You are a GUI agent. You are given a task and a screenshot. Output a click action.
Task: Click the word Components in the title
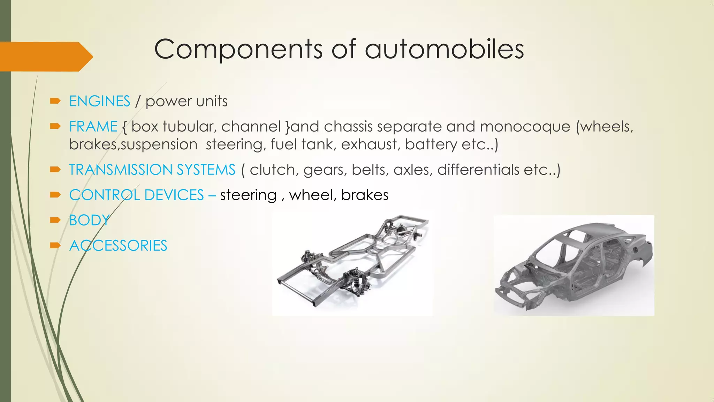pyautogui.click(x=238, y=49)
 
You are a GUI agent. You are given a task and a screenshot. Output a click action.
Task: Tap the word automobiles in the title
pyautogui.click(x=444, y=49)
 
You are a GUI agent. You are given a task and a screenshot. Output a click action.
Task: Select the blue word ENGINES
pyautogui.click(x=100, y=101)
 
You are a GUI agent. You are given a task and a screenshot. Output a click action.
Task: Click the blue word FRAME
pyautogui.click(x=93, y=126)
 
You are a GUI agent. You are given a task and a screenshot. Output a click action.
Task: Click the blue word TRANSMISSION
pyautogui.click(x=121, y=170)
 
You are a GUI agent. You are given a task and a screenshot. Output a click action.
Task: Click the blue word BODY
pyautogui.click(x=89, y=221)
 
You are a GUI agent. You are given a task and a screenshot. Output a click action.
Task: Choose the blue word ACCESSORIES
pyautogui.click(x=118, y=246)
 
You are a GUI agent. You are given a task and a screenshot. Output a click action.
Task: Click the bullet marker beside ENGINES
pyautogui.click(x=55, y=101)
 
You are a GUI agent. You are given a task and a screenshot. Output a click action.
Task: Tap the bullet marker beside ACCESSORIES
pyautogui.click(x=55, y=246)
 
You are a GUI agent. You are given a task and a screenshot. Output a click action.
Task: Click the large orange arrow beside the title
pyautogui.click(x=45, y=57)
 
